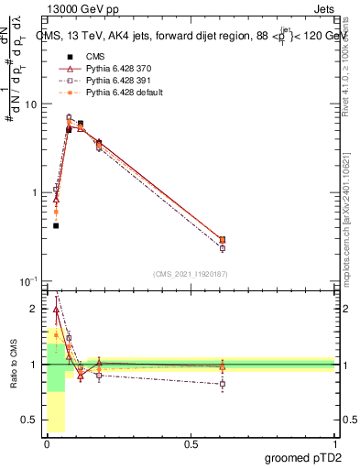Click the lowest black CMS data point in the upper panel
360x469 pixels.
[x=56, y=225]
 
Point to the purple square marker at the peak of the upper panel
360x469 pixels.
[x=69, y=117]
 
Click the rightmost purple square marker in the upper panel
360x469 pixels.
[x=223, y=248]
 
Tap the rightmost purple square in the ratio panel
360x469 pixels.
[x=223, y=384]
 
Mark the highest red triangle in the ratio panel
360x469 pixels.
[x=56, y=310]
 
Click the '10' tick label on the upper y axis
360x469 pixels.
[x=30, y=104]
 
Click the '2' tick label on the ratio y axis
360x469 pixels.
[x=35, y=309]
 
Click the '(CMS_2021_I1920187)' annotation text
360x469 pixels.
[x=190, y=273]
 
